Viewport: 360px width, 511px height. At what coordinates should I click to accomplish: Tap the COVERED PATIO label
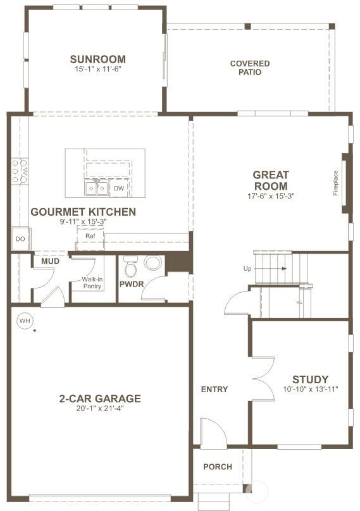(x=249, y=68)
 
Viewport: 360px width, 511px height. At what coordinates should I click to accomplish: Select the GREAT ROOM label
(x=270, y=180)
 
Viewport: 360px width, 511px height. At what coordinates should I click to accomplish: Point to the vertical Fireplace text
(x=336, y=183)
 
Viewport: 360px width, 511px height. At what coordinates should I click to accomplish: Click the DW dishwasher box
(x=119, y=188)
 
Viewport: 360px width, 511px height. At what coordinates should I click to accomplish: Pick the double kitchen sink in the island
(x=97, y=188)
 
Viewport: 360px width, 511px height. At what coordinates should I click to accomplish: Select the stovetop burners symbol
(x=19, y=171)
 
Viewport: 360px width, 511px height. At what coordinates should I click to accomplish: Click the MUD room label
(x=50, y=261)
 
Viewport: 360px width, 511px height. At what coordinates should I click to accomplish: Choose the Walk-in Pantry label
(x=92, y=282)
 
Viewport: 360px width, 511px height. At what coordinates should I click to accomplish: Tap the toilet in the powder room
(x=131, y=268)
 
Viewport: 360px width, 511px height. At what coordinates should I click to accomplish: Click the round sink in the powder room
(x=153, y=263)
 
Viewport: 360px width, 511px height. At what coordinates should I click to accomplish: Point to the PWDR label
(x=132, y=284)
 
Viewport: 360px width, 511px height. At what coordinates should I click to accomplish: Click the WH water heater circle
(x=25, y=321)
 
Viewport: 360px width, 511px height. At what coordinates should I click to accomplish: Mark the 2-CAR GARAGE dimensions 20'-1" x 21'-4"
(x=99, y=409)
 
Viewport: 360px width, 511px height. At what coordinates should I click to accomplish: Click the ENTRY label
(x=214, y=389)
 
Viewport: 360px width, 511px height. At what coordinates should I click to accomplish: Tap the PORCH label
(x=217, y=467)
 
